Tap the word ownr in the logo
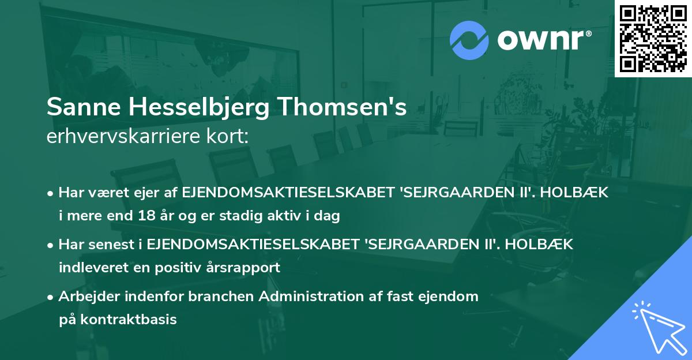tap(543, 40)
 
